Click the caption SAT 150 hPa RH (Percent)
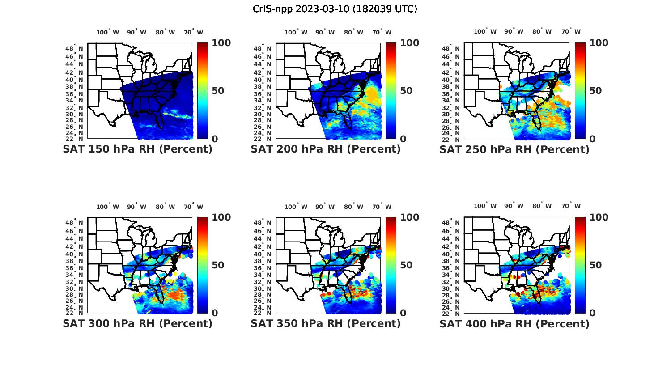[x=137, y=149]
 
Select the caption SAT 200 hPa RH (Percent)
[x=326, y=149]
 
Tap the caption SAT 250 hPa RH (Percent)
[x=514, y=149]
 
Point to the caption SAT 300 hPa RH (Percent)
[x=137, y=323]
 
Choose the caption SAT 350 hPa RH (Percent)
[x=326, y=323]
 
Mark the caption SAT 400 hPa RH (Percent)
[x=514, y=323]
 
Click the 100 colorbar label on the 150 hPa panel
[x=221, y=43]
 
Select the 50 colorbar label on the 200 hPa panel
[x=406, y=91]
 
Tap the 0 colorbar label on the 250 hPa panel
[x=592, y=139]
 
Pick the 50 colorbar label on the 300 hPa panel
[x=218, y=265]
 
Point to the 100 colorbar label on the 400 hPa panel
[x=599, y=217]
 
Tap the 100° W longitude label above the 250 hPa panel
[x=485, y=31]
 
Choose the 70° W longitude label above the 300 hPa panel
[x=193, y=207]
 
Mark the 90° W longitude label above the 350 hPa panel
[x=325, y=207]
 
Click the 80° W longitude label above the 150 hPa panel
[x=165, y=32]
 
